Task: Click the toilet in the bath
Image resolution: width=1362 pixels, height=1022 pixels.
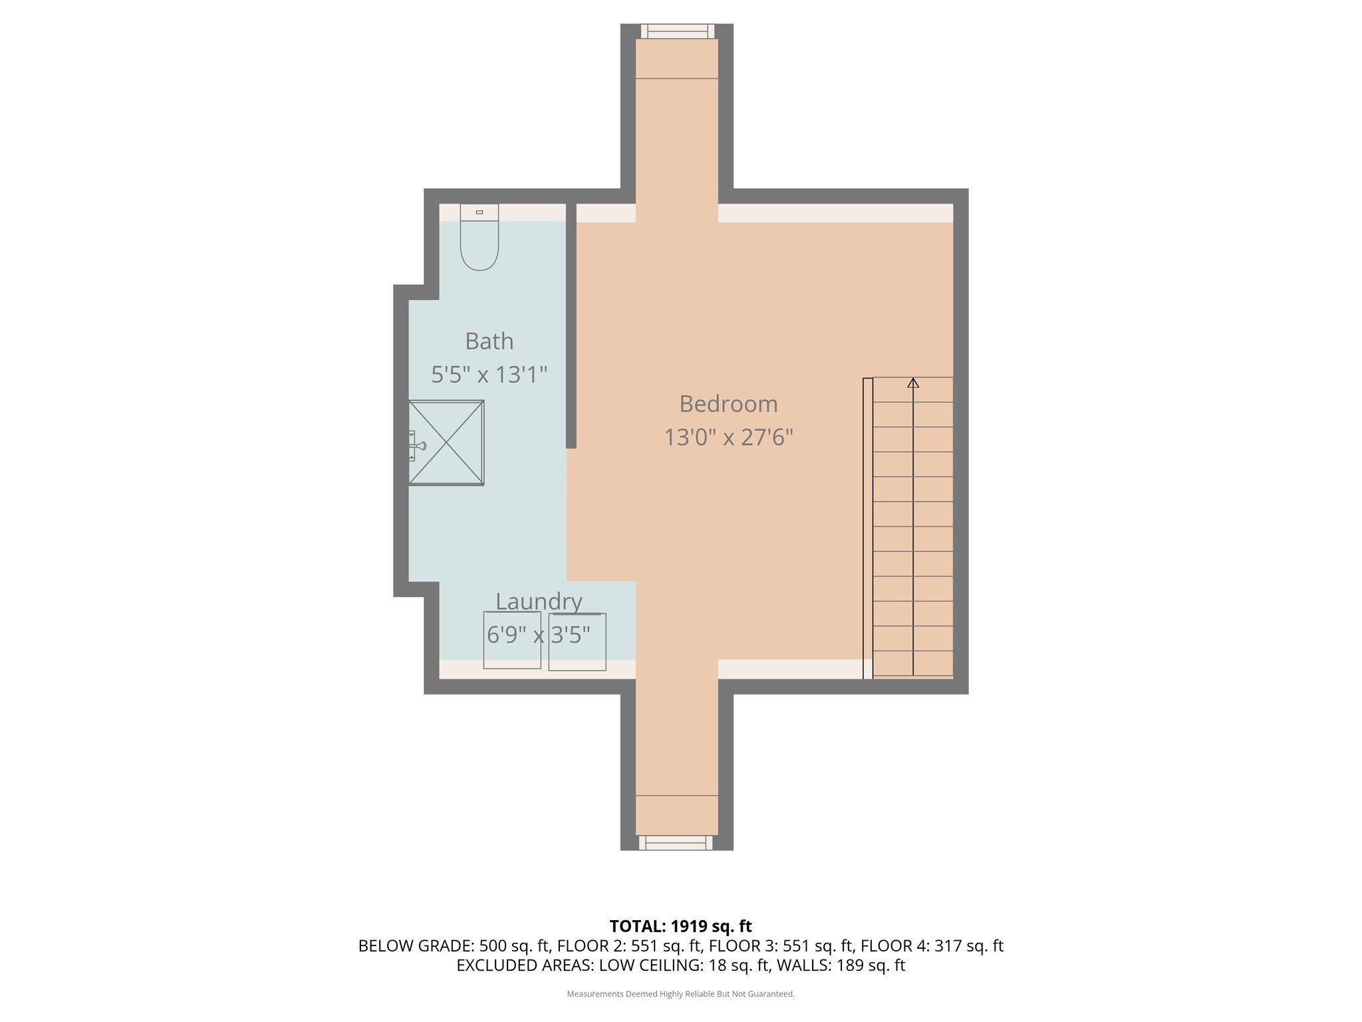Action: pyautogui.click(x=479, y=237)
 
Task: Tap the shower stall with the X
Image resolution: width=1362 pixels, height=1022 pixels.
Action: pyautogui.click(x=446, y=442)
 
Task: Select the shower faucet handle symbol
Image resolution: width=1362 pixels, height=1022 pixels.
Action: pyautogui.click(x=417, y=446)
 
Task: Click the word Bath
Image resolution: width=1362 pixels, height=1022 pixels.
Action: pyautogui.click(x=489, y=341)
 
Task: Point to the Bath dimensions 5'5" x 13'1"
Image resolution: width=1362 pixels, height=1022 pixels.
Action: pyautogui.click(x=489, y=375)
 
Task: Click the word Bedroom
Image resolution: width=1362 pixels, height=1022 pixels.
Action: pyautogui.click(x=729, y=404)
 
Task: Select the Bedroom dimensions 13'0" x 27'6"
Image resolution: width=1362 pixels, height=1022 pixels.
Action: pyautogui.click(x=729, y=437)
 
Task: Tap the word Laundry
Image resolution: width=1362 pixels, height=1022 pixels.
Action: pyautogui.click(x=539, y=601)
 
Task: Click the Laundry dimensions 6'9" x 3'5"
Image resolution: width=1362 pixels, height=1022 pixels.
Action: pyautogui.click(x=539, y=635)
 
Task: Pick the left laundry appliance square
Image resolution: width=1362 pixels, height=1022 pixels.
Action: pyautogui.click(x=512, y=640)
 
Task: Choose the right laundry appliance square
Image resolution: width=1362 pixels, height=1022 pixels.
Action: pyautogui.click(x=577, y=641)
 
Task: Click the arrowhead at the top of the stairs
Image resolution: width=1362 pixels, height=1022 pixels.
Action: pyautogui.click(x=913, y=383)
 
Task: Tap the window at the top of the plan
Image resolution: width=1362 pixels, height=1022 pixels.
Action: pyautogui.click(x=678, y=31)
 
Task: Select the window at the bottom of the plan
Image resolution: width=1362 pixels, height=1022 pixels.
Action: pyautogui.click(x=676, y=843)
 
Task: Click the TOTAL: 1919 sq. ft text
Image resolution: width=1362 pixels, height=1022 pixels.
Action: pyautogui.click(x=681, y=926)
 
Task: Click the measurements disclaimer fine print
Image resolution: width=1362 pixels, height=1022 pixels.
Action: pyautogui.click(x=681, y=994)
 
